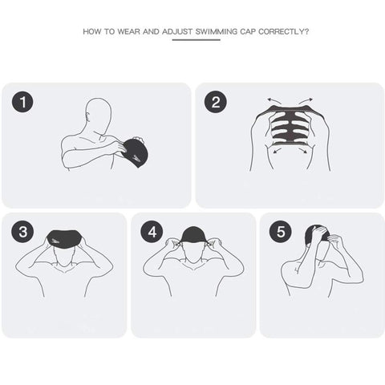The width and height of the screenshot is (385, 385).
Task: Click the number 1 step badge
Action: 22,102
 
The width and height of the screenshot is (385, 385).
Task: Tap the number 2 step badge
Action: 216,102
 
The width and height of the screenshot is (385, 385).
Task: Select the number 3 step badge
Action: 22,232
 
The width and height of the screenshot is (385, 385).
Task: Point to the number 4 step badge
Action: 152,232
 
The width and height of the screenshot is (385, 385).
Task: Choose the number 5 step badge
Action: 281,232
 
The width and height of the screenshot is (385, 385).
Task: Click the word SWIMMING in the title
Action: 217,31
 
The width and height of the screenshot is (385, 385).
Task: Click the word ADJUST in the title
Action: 177,31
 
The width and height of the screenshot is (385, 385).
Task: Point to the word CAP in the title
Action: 248,31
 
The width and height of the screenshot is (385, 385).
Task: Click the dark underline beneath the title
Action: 196,40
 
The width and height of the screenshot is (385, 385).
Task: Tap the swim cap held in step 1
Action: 135,152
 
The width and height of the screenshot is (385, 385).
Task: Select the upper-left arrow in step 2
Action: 274,101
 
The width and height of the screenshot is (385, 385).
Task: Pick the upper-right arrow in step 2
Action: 306,101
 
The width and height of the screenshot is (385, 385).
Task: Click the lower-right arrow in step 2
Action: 302,151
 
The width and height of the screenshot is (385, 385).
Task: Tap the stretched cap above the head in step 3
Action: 64,239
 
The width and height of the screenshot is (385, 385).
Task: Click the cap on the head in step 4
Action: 193,235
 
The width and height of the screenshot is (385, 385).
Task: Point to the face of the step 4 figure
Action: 192,253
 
